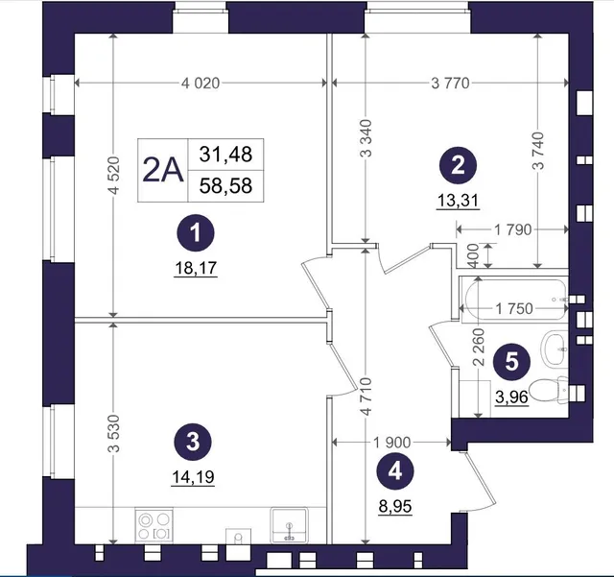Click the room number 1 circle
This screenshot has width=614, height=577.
196,233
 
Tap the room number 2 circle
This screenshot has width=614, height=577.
458,165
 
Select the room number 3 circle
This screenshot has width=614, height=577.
193,443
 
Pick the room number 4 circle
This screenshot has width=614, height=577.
395,470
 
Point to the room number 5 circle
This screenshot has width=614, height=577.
511,361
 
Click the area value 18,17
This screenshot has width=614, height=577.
196,269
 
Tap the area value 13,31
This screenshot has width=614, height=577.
458,201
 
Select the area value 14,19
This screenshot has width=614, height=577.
193,477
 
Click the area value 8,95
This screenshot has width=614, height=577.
395,507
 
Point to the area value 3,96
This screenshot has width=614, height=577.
511,397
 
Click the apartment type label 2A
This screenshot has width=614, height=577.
163,171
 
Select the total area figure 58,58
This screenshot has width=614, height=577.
225,186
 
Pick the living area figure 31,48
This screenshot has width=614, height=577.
225,154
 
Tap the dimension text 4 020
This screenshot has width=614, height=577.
201,84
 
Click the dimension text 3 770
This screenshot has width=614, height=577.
450,84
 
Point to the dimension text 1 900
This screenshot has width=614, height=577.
391,443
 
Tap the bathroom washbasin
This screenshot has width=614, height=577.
554,348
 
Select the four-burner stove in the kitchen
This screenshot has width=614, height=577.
153,526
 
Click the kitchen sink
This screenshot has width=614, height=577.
289,526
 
